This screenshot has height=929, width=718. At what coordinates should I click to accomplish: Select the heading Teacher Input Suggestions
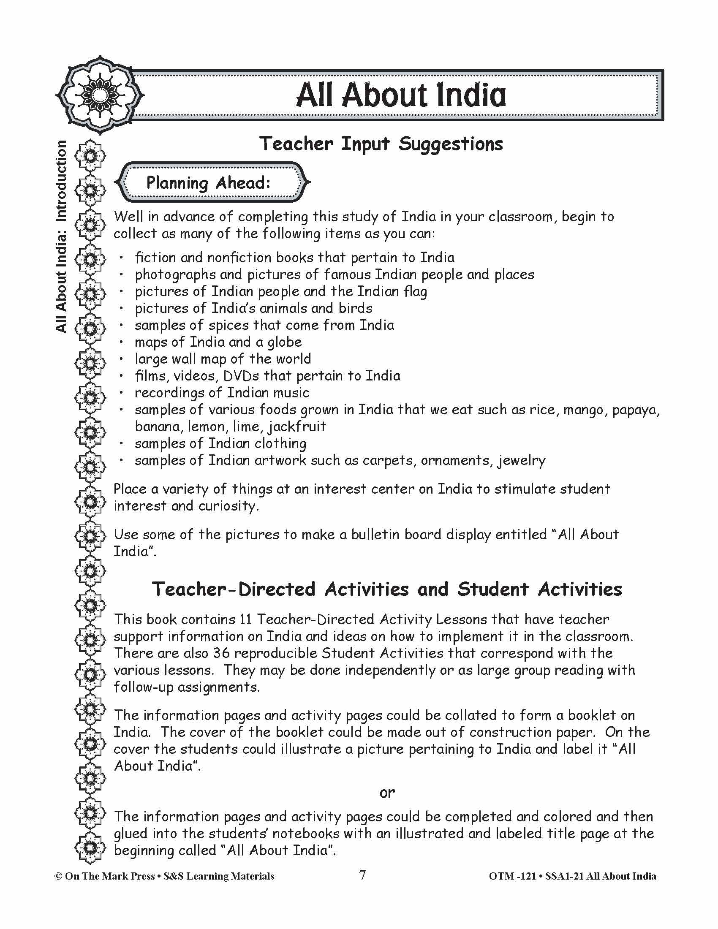[x=381, y=144]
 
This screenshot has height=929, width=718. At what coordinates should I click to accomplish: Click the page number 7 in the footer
[x=362, y=875]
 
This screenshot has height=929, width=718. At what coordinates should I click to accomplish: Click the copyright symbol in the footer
[x=58, y=876]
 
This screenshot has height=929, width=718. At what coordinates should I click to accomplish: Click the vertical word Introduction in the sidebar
[x=61, y=181]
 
